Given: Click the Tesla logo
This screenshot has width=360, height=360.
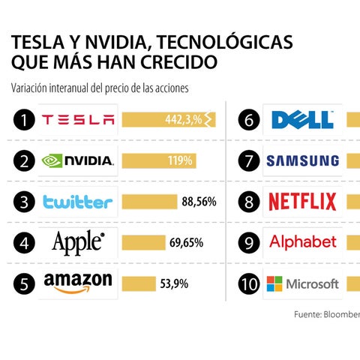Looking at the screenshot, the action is pyautogui.click(x=78, y=120).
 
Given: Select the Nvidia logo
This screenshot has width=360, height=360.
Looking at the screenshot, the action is pyautogui.click(x=78, y=160).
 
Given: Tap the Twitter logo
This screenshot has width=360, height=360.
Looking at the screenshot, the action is pyautogui.click(x=78, y=202).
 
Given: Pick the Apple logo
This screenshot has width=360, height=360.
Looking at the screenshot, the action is pyautogui.click(x=78, y=243).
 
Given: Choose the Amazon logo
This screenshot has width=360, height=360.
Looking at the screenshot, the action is pyautogui.click(x=78, y=283).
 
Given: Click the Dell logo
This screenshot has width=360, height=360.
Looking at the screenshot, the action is pyautogui.click(x=303, y=120).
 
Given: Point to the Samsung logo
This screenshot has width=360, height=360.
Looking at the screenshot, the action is pyautogui.click(x=303, y=160).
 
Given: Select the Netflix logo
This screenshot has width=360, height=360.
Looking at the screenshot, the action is pyautogui.click(x=302, y=202).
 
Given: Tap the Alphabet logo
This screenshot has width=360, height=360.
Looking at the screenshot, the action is pyautogui.click(x=303, y=241).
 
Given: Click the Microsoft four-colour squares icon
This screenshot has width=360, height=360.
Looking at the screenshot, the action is pyautogui.click(x=274, y=283).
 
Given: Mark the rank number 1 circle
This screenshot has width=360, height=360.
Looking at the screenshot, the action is pyautogui.click(x=24, y=120).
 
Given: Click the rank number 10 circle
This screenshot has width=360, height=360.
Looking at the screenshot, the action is pyautogui.click(x=249, y=283).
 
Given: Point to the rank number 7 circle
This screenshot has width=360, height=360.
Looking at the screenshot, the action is pyautogui.click(x=249, y=160).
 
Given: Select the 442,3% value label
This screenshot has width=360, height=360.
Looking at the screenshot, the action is pyautogui.click(x=184, y=120).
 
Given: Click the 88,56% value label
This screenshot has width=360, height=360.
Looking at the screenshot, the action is pyautogui.click(x=199, y=202).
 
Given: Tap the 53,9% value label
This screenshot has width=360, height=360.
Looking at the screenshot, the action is pyautogui.click(x=174, y=283).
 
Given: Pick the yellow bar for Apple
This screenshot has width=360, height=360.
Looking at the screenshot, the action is pyautogui.click(x=144, y=242).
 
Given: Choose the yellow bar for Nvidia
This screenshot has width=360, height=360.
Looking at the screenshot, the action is pyautogui.click(x=159, y=160).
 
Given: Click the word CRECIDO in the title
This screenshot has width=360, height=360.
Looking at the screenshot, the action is pyautogui.click(x=178, y=62).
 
